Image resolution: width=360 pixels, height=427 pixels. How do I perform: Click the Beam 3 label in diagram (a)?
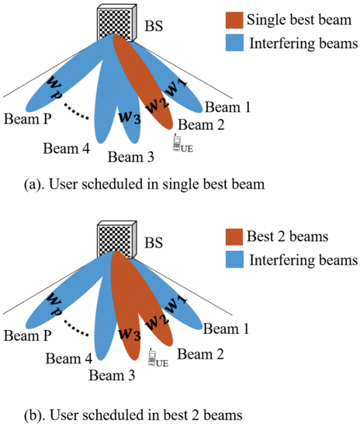pyautogui.click(x=130, y=158)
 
